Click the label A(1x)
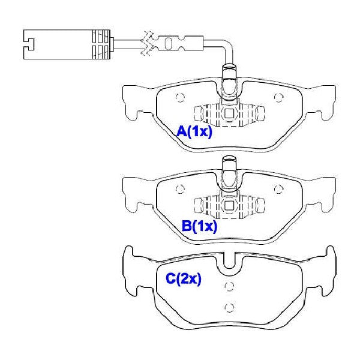[194, 132]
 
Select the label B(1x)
[199, 226]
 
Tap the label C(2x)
[184, 279]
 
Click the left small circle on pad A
[180, 98]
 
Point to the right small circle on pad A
[279, 98]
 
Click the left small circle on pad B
[180, 189]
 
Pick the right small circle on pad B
[279, 189]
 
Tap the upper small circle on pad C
[229, 286]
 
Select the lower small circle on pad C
[229, 307]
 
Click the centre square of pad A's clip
[229, 113]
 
